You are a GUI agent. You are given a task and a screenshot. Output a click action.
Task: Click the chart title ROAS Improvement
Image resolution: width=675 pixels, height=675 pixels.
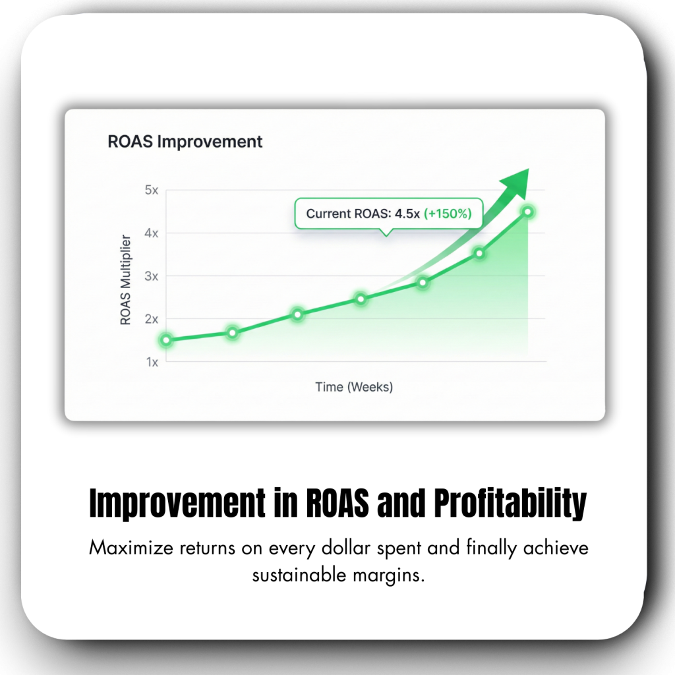[185, 142]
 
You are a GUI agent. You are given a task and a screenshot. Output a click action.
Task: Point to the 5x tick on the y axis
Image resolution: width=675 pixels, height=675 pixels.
[152, 190]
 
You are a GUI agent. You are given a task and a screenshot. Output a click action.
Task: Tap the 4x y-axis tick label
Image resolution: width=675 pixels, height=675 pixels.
[152, 233]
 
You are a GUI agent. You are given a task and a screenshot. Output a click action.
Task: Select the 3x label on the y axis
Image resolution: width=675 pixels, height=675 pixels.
[152, 276]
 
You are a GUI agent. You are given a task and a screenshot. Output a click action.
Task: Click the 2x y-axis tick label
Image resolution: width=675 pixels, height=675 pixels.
[152, 319]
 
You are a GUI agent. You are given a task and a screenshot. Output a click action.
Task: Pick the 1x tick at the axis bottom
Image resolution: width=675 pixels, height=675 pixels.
[152, 362]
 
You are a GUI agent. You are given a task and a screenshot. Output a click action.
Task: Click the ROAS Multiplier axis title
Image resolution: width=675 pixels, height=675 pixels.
[125, 279]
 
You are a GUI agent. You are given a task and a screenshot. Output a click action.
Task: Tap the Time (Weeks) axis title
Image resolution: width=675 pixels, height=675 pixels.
[354, 387]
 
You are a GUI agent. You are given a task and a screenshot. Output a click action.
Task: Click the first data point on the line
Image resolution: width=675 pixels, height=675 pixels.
[166, 340]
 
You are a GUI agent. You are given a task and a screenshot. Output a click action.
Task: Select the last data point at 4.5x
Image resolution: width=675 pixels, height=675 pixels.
[528, 212]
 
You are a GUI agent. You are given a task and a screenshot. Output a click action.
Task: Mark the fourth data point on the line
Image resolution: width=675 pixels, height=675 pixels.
[361, 299]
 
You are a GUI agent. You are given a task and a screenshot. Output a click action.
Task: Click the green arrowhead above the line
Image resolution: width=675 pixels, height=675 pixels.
[517, 183]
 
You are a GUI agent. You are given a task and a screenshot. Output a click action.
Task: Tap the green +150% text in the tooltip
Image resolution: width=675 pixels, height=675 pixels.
[448, 214]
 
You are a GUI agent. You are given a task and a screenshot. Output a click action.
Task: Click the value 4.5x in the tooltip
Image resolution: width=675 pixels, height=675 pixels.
[407, 214]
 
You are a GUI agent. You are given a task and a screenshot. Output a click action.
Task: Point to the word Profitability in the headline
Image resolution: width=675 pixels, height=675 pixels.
[510, 503]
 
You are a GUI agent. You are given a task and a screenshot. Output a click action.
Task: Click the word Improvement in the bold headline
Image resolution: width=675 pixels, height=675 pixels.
[177, 503]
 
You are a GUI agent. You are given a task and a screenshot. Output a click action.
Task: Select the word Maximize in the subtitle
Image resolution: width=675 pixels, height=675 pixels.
[131, 548]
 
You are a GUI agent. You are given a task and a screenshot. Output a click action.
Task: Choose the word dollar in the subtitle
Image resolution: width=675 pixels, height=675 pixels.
[345, 548]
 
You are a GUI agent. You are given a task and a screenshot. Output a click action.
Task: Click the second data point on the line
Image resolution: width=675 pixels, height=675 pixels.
[233, 333]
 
